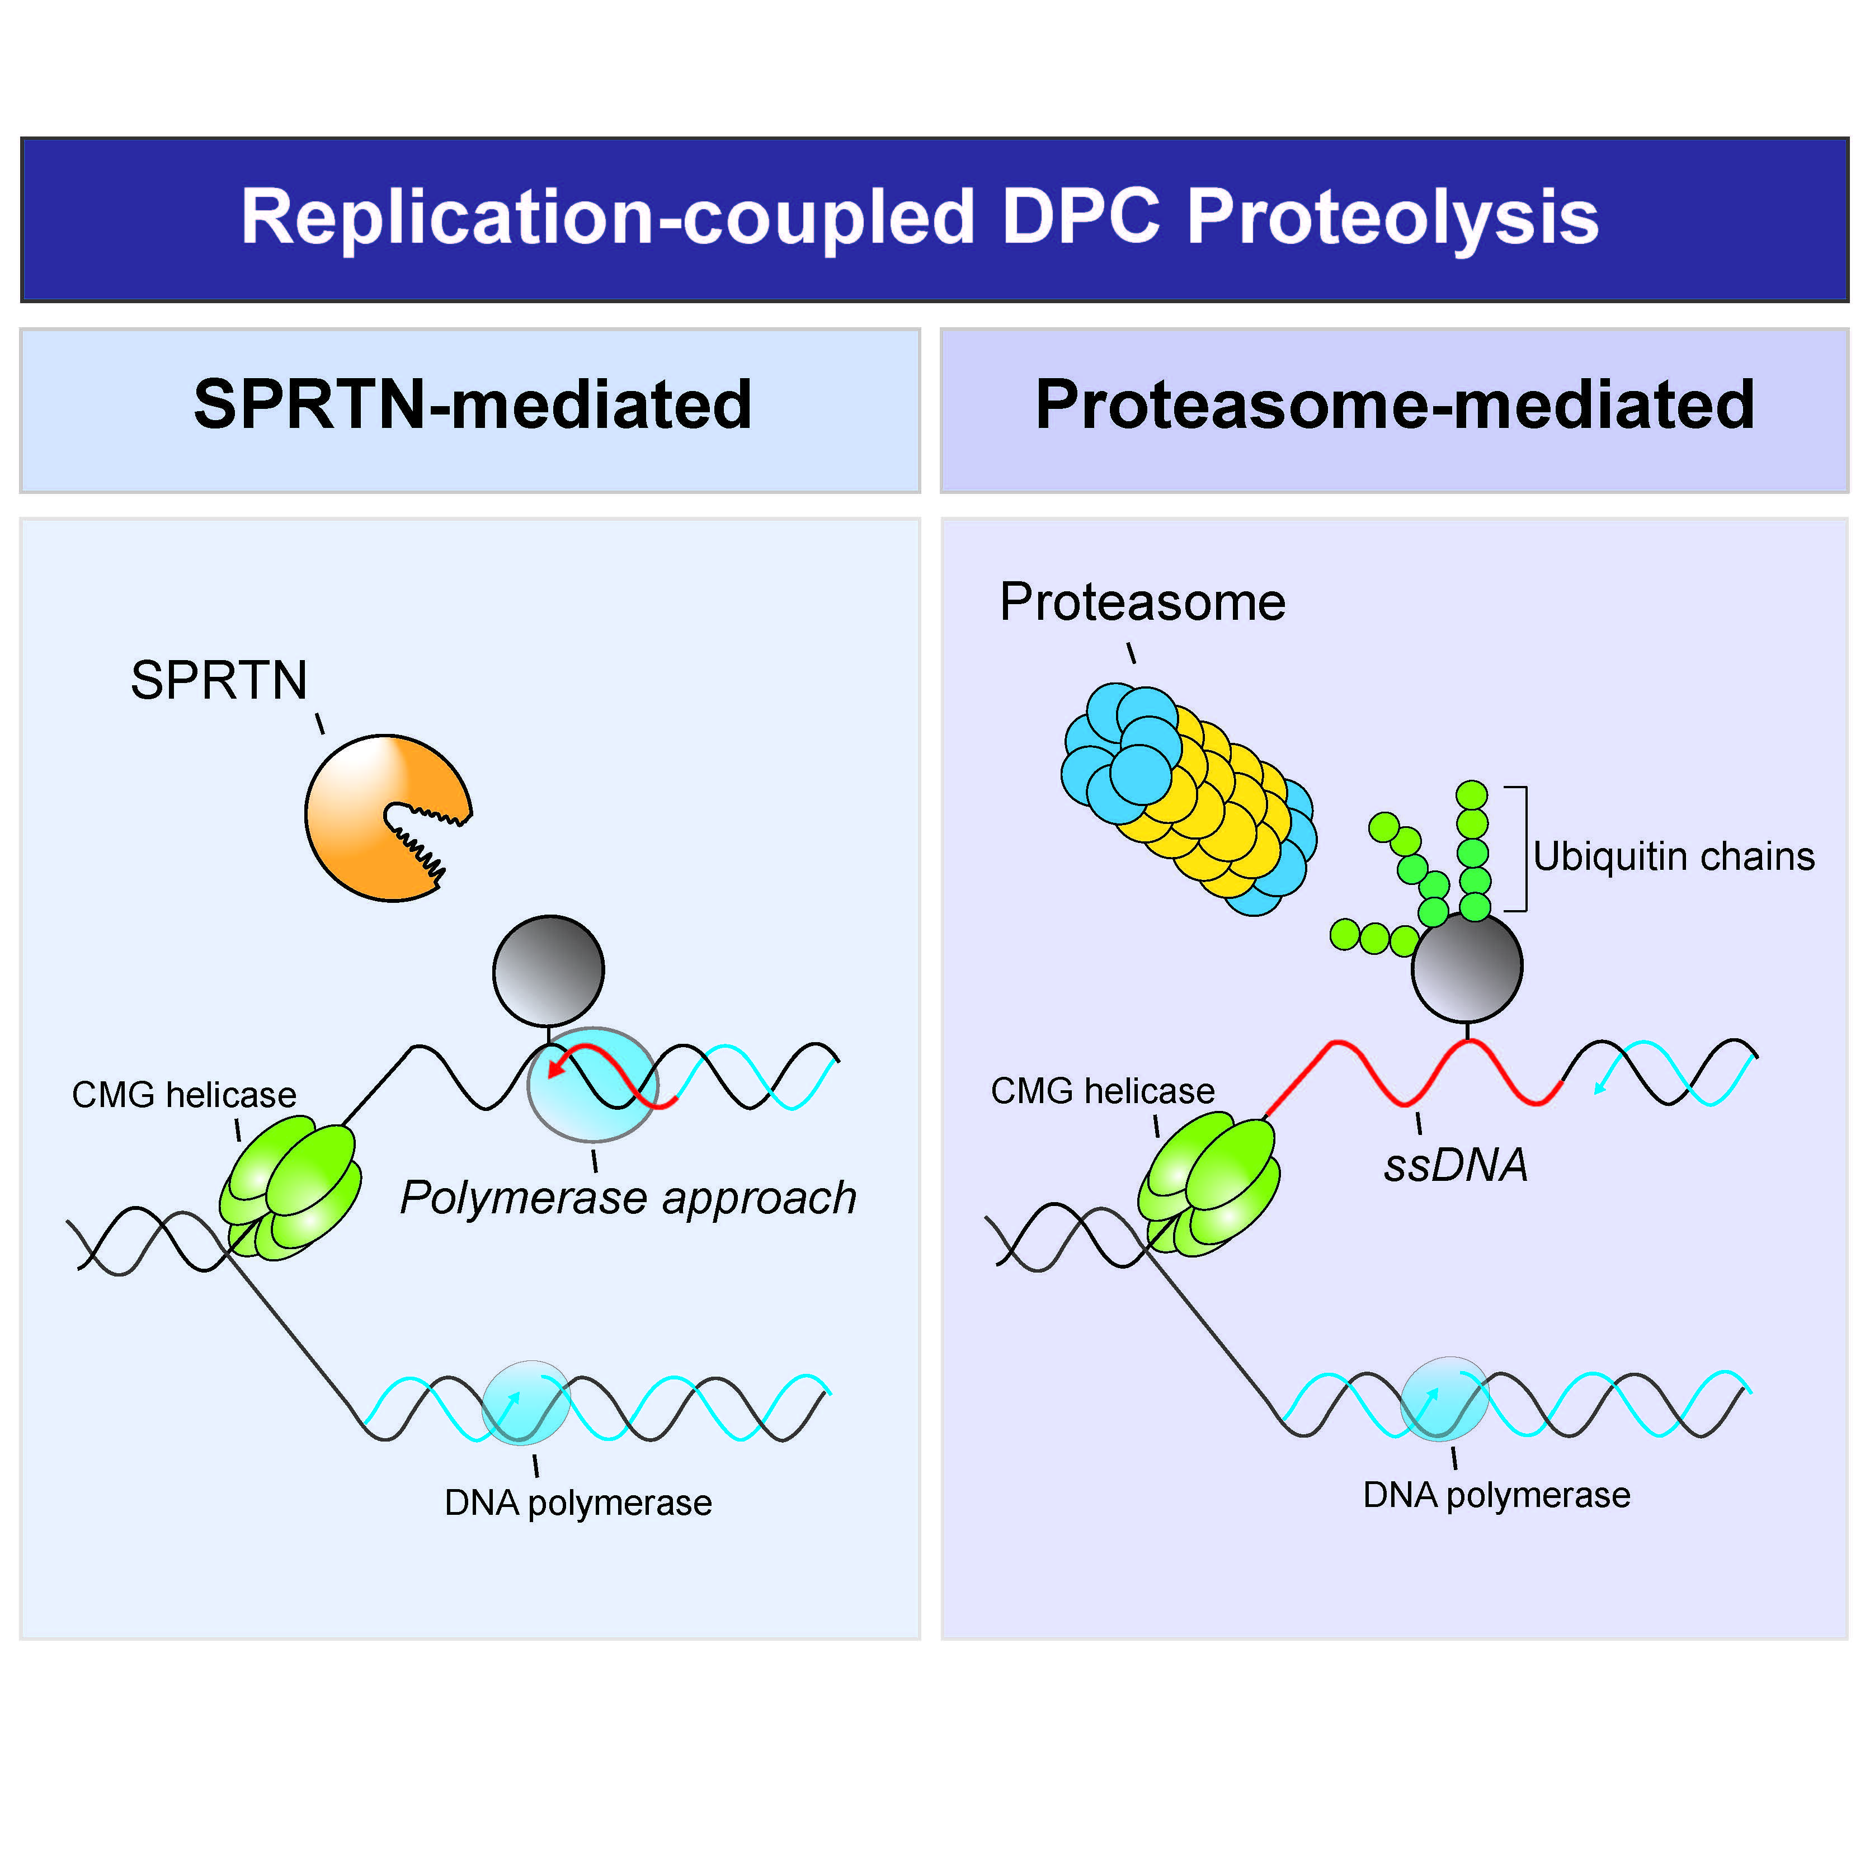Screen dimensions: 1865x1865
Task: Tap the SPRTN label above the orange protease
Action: (219, 681)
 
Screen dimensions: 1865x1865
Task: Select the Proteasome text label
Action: (1142, 602)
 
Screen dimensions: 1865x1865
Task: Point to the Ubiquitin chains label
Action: (1673, 857)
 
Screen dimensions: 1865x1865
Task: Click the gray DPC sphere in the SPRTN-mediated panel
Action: (548, 970)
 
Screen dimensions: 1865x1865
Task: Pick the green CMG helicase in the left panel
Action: (290, 1188)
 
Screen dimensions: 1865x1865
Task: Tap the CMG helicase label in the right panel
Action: (1103, 1091)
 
